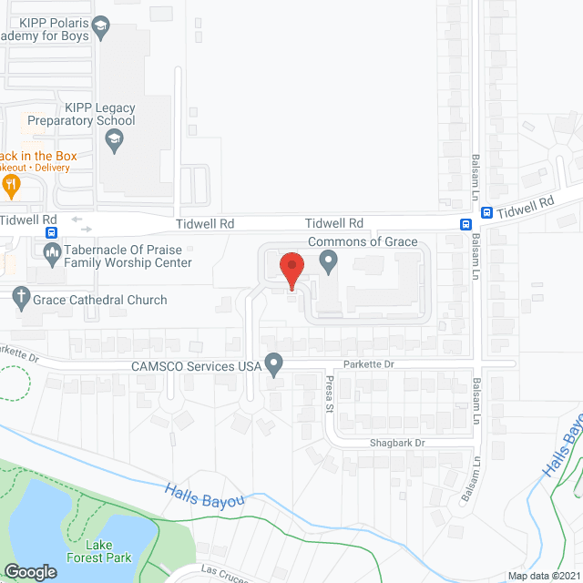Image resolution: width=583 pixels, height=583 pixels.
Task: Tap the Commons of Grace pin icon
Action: tap(329, 263)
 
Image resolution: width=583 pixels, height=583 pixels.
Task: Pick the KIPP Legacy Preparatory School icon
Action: tap(115, 140)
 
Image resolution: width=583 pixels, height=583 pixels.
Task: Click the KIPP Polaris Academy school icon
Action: tap(101, 27)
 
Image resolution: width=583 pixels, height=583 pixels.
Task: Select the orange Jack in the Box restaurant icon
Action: tap(11, 186)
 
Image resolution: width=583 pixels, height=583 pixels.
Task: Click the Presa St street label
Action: tap(331, 394)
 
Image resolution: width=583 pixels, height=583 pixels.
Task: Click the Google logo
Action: tap(30, 571)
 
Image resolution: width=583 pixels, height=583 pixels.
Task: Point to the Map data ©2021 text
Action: tap(543, 576)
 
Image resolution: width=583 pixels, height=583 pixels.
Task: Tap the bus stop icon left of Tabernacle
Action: tap(51, 231)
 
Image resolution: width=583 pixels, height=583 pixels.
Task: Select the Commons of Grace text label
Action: tap(363, 241)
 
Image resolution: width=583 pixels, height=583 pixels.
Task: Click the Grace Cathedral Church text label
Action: tap(101, 300)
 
